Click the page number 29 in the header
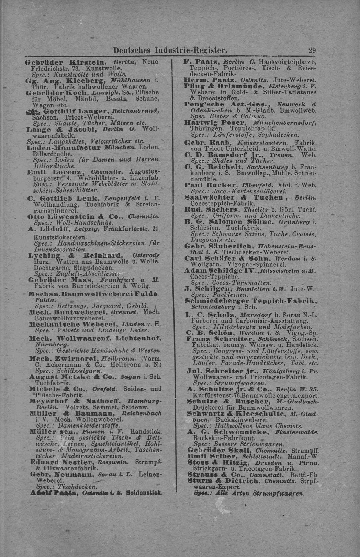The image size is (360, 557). pos(312,50)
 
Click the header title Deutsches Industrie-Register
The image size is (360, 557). pos(170,50)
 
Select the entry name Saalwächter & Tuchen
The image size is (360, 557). pos(234,197)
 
